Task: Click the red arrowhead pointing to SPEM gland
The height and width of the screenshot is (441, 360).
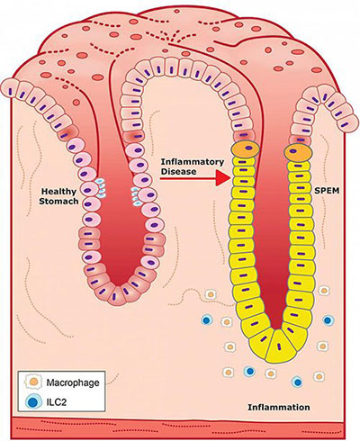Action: [222, 178]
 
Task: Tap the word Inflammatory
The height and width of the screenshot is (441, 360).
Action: [193, 162]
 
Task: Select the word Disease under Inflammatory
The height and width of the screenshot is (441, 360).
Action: [179, 172]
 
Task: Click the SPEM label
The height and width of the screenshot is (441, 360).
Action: [327, 190]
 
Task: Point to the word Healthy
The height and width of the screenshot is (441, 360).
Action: [58, 192]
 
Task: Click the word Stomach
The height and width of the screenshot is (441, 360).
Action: [58, 201]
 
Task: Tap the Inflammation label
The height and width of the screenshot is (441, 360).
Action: [279, 407]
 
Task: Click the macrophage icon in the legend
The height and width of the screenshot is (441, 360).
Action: [33, 382]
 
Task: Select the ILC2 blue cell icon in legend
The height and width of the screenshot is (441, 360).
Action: [33, 401]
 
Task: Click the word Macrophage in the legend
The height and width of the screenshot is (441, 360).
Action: [73, 382]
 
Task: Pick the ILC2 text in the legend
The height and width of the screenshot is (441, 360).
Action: [57, 401]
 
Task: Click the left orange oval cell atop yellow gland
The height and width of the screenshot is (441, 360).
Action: [246, 148]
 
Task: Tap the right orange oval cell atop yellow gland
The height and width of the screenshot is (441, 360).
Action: [298, 152]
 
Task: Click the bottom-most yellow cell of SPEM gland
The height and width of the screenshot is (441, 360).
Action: [277, 346]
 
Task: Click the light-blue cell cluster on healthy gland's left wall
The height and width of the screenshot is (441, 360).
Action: [101, 187]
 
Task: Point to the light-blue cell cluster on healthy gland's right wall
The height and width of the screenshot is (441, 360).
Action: [136, 195]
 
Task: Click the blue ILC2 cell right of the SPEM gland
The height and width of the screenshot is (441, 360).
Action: [328, 320]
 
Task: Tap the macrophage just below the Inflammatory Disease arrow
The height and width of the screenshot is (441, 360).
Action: [211, 294]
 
